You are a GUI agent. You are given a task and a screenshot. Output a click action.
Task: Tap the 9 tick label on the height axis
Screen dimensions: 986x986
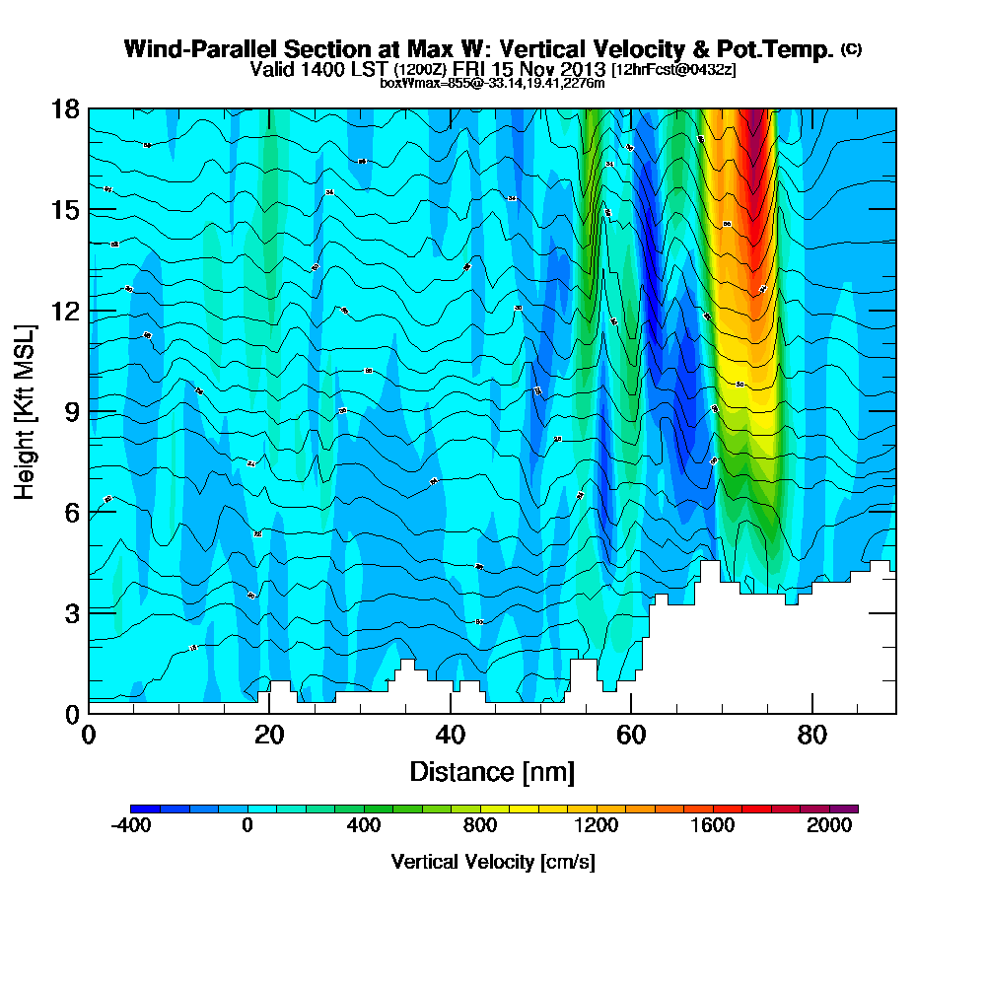(x=72, y=411)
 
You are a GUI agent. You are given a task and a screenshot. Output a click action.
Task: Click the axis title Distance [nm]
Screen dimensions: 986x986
(x=492, y=771)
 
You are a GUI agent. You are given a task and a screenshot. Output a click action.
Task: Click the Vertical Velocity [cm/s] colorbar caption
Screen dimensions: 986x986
(x=492, y=862)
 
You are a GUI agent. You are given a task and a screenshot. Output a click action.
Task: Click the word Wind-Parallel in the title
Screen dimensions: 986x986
(x=186, y=49)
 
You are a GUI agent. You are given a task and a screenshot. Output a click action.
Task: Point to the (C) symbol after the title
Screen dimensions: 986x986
(x=851, y=48)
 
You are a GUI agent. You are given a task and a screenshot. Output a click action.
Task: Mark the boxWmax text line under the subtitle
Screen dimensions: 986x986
(x=492, y=83)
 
